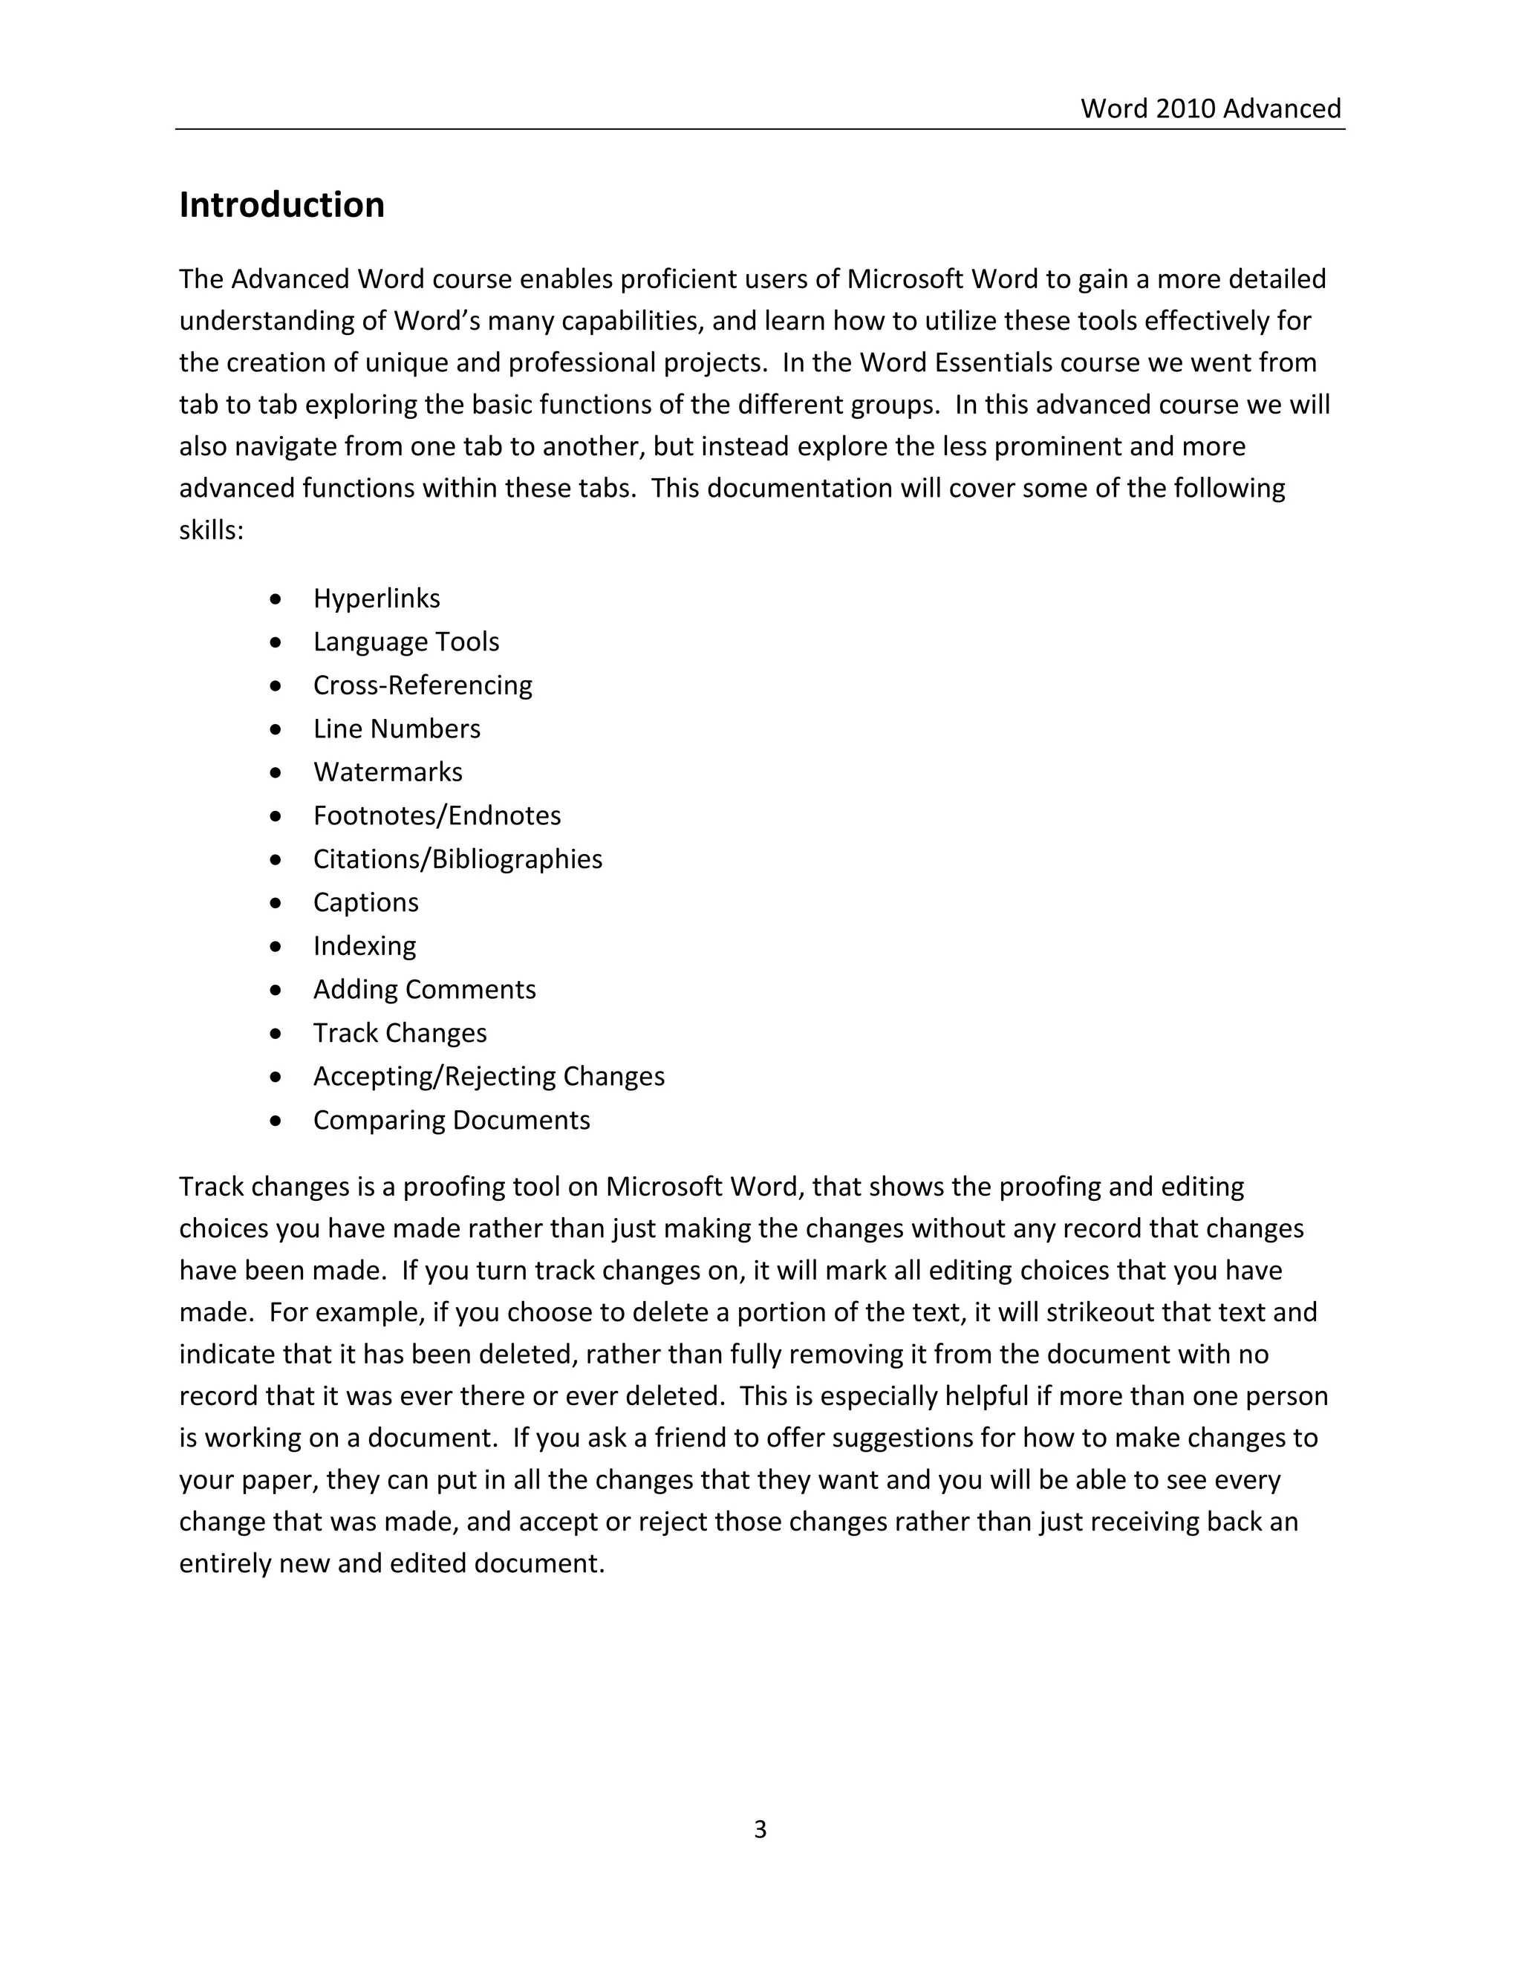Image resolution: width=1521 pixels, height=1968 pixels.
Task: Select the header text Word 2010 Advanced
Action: [1210, 108]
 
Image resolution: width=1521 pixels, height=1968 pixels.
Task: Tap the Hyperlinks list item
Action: [376, 599]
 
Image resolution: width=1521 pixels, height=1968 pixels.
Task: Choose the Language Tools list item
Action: [406, 642]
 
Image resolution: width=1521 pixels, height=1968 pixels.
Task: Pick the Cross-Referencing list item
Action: [422, 685]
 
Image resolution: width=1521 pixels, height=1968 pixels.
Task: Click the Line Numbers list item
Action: [397, 728]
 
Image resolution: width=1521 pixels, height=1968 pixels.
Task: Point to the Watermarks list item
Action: [388, 772]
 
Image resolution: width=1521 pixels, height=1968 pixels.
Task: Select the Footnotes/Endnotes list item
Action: [436, 815]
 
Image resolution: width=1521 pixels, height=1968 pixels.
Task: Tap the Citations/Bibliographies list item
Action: [457, 858]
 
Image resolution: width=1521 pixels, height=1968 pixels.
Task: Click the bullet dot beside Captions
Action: [276, 903]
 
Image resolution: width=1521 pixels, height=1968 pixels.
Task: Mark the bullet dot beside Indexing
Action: [276, 946]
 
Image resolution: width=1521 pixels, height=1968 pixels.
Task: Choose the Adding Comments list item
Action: [423, 989]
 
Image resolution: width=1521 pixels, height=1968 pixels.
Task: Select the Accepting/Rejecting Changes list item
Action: [489, 1076]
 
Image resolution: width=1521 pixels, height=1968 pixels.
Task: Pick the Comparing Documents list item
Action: [451, 1120]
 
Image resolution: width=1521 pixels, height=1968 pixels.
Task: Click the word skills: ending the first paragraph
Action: [211, 530]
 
